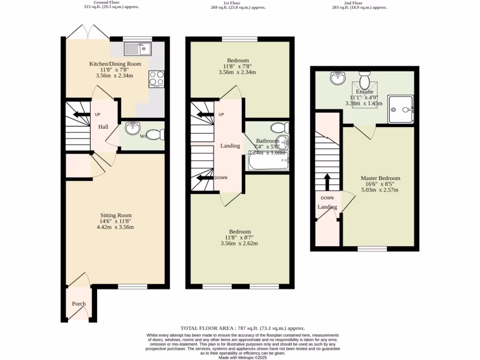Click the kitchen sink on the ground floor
[137, 48]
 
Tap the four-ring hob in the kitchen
[157, 79]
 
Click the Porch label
[79, 304]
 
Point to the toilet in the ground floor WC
[158, 135]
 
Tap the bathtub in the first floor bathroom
[267, 162]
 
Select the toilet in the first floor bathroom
[279, 127]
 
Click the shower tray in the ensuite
[401, 109]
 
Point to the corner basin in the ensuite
[337, 78]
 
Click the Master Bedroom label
[380, 178]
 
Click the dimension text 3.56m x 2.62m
[239, 243]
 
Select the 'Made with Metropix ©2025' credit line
[243, 357]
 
